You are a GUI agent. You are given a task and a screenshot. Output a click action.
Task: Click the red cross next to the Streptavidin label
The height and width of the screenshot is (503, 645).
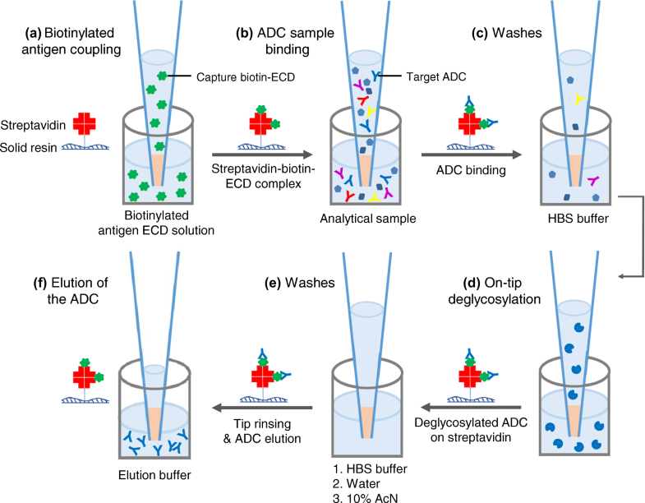point(85,123)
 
